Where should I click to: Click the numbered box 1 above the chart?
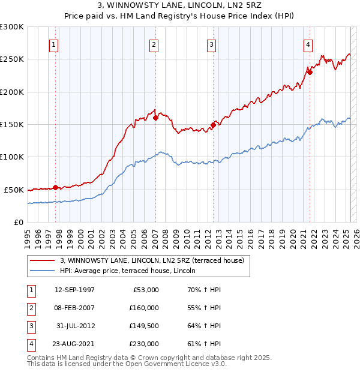54,44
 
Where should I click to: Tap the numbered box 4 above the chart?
307,44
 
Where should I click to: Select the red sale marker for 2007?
155,118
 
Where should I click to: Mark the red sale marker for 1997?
56,187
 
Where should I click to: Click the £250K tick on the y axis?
12,59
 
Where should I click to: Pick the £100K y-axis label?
12,157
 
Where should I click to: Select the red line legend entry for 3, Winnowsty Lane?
152,261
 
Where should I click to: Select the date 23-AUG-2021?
74,344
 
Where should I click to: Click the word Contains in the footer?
41,358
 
